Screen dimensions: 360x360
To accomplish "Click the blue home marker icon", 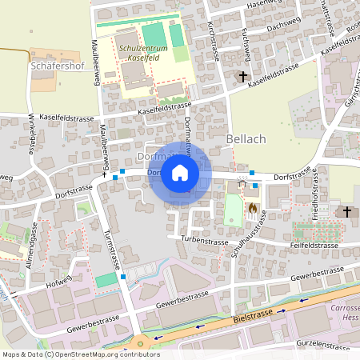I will click(x=180, y=173).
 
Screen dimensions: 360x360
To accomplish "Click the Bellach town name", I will click(x=246, y=139).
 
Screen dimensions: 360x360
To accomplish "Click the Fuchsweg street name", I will click(x=246, y=50).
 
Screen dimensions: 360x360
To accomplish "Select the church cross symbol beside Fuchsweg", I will click(x=243, y=77).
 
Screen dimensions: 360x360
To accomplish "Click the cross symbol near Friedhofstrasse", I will click(x=346, y=211).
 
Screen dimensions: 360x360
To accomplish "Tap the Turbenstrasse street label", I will click(x=199, y=239).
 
